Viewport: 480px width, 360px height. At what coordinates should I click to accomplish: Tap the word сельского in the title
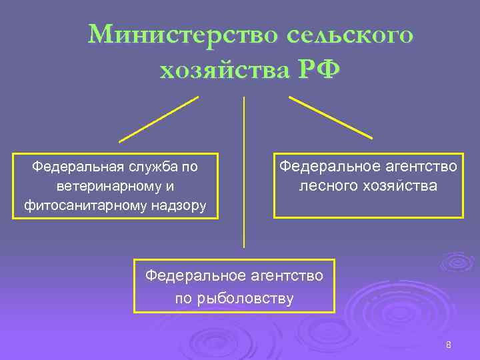pos(350,34)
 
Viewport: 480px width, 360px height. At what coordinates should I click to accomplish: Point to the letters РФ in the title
pos(316,69)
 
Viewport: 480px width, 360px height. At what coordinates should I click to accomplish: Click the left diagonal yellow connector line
pos(159,119)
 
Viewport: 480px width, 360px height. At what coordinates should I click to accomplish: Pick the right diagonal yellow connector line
pos(330,117)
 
